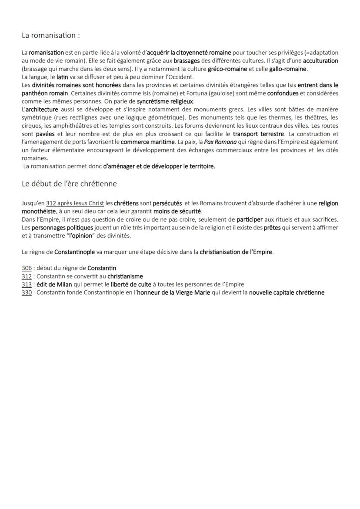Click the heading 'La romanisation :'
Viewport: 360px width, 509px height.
pos(51,36)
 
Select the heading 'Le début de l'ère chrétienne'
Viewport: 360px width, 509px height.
pos(69,183)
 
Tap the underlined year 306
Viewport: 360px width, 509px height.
pos(27,268)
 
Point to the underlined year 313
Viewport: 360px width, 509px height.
pos(27,284)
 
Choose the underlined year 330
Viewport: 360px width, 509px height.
pos(27,293)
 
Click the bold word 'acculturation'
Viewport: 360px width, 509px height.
pos(320,60)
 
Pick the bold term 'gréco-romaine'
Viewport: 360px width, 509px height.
pos(227,69)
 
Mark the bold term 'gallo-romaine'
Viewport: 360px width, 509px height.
pos(288,69)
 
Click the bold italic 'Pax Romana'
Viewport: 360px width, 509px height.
pos(218,142)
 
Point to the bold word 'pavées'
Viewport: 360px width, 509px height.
pos(45,134)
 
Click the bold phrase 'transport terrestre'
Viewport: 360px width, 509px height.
pos(258,134)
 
